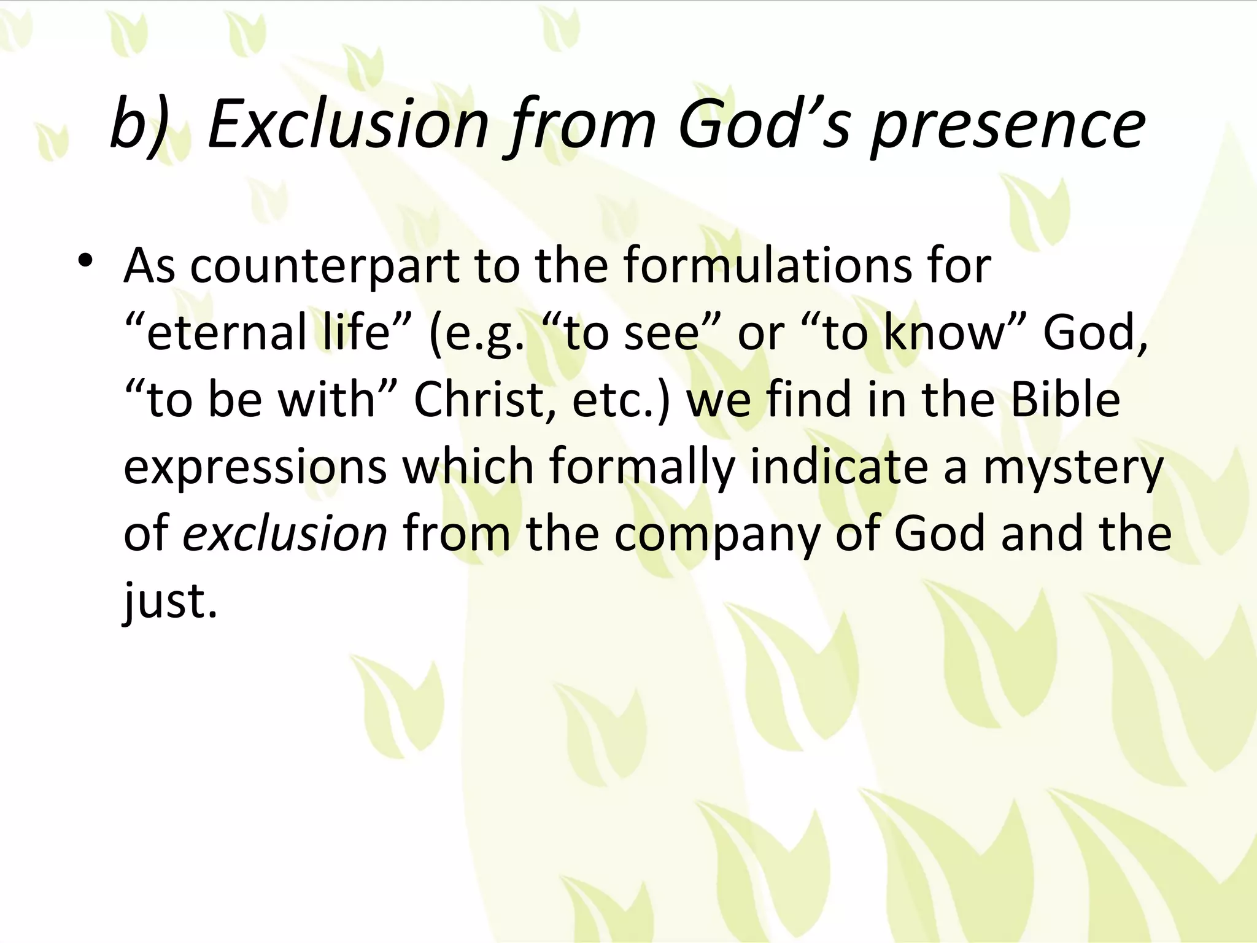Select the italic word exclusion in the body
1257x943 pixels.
click(285, 534)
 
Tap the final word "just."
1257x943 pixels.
click(171, 601)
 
